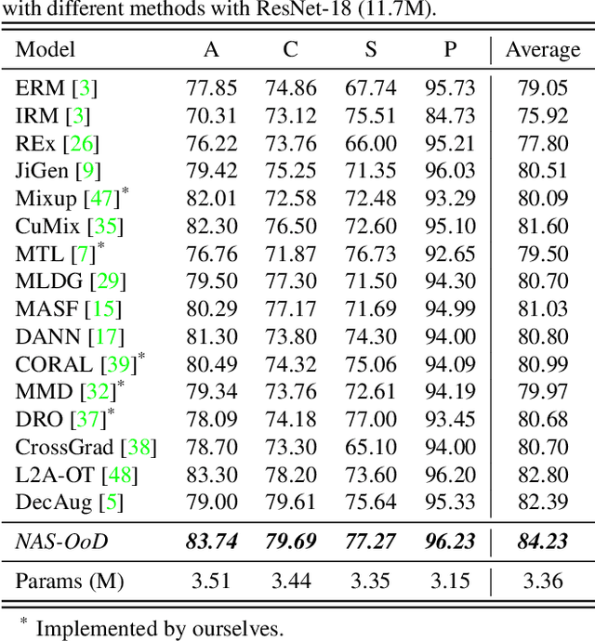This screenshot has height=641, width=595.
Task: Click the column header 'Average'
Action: coord(542,49)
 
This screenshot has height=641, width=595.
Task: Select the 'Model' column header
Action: coord(46,49)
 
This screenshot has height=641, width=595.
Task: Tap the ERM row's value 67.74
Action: coord(370,89)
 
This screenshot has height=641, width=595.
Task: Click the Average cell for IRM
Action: coord(542,117)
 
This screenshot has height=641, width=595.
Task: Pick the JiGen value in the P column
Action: coord(450,172)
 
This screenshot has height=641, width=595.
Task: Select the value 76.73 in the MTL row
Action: coord(370,255)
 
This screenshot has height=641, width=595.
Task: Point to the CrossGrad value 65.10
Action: coord(370,448)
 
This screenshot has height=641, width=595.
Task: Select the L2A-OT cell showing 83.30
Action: coord(212,476)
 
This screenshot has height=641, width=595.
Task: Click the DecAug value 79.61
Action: coord(291,504)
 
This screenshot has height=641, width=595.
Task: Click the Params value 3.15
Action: coord(450,582)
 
